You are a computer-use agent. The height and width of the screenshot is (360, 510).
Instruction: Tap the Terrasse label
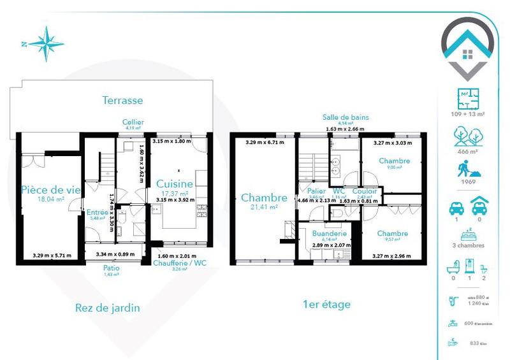click(x=122, y=100)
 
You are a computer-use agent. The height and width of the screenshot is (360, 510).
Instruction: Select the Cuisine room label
click(x=175, y=184)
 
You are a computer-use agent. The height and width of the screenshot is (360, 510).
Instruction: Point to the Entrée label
click(x=98, y=212)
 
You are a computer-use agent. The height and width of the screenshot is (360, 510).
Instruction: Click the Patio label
click(x=111, y=268)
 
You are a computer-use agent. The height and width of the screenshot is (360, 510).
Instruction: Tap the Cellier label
click(x=134, y=122)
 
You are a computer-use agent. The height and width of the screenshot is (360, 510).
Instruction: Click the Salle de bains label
click(x=346, y=117)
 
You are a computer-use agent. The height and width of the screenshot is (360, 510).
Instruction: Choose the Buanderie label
click(x=328, y=233)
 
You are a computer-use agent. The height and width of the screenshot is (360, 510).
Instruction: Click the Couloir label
click(x=365, y=191)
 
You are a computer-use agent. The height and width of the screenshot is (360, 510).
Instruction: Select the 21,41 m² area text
click(x=264, y=207)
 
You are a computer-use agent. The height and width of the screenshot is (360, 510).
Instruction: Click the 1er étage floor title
click(x=326, y=305)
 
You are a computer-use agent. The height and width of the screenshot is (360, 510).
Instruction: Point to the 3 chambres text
click(x=469, y=245)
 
